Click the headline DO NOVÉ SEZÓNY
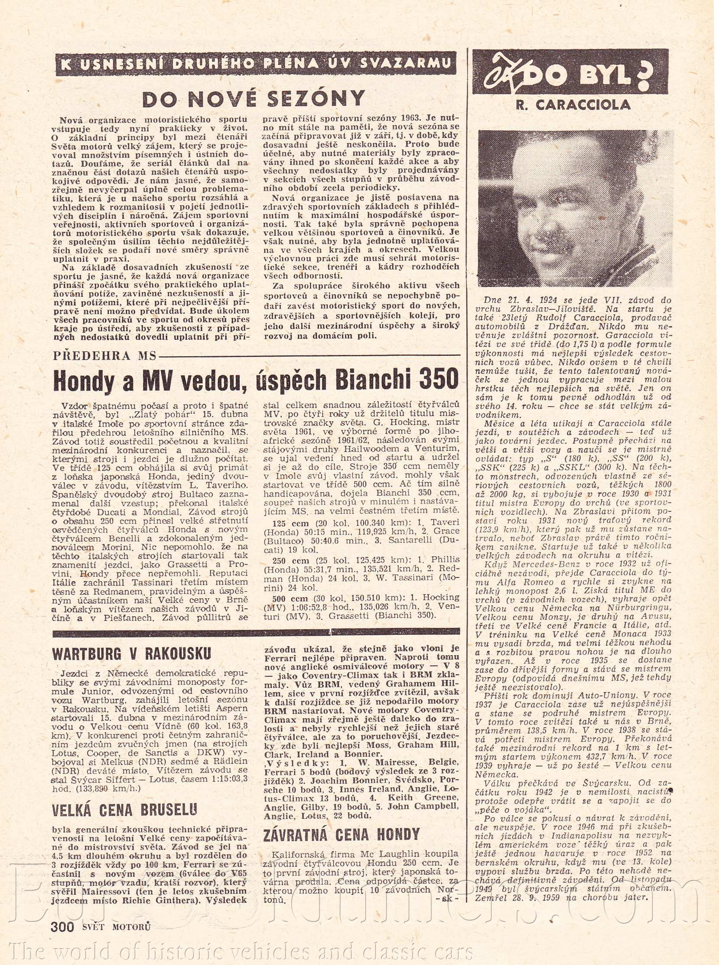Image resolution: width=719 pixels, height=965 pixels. point(254,99)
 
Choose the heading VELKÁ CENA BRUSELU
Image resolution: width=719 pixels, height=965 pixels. point(124,810)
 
